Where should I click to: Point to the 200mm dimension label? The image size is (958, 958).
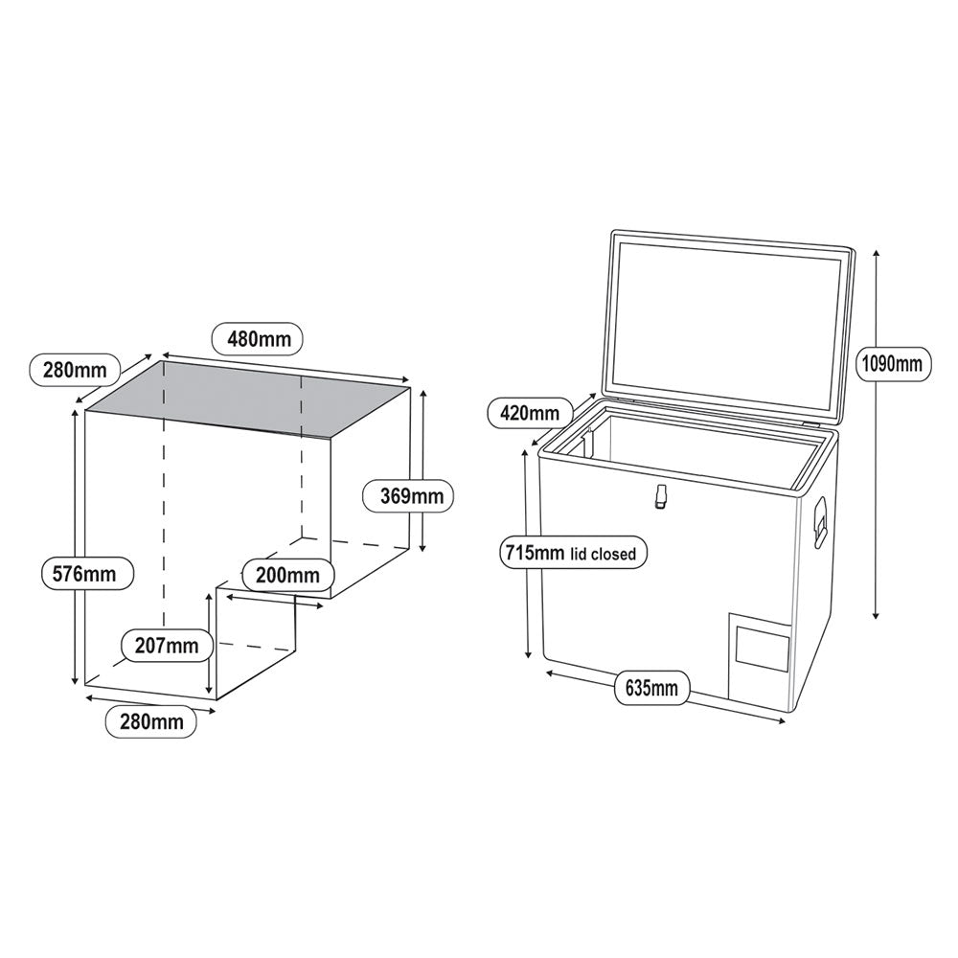pos(288,575)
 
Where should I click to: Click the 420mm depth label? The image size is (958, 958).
pos(530,413)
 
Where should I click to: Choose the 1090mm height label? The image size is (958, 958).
pos(891,363)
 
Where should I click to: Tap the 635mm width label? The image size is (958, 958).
pos(650,688)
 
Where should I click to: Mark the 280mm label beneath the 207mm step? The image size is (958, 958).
pos(151,721)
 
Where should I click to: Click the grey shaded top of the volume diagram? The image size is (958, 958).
pos(249,397)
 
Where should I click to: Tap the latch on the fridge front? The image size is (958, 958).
pos(660,496)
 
